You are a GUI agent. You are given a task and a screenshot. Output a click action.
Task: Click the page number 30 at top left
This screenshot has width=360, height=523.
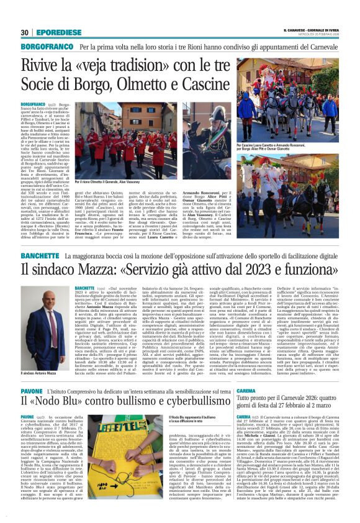(x=25, y=32)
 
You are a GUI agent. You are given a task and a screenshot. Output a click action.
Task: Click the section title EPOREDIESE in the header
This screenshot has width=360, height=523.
(x=55, y=32)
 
